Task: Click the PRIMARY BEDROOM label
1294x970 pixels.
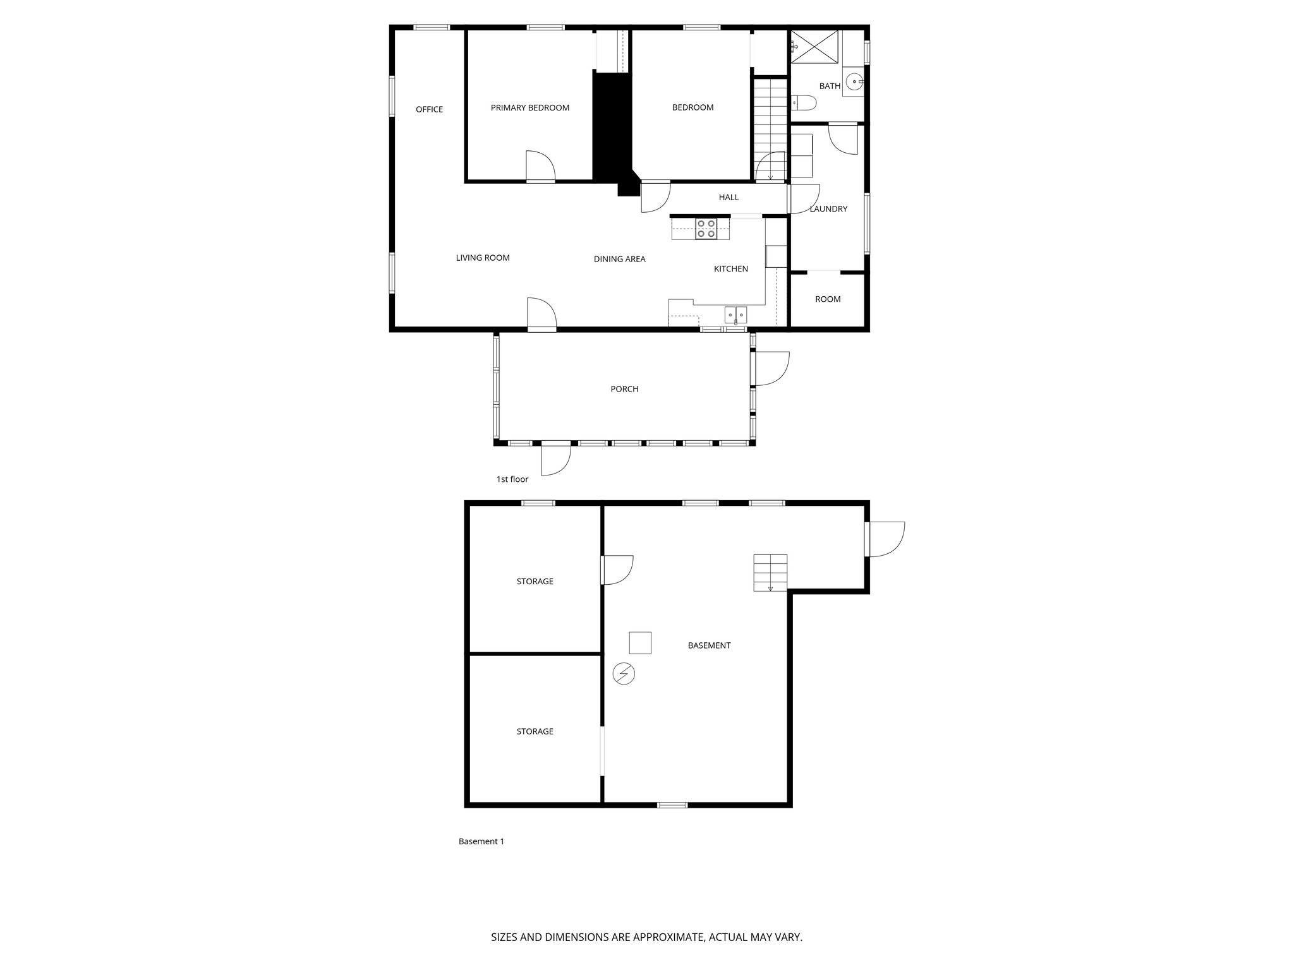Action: coord(529,108)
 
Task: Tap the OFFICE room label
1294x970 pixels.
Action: coord(429,109)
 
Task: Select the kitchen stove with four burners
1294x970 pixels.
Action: coord(706,229)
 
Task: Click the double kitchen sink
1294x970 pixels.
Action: coord(735,314)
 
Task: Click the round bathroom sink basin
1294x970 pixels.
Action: coord(855,81)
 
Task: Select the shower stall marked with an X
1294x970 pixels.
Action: coord(816,47)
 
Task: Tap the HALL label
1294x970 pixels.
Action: coord(729,197)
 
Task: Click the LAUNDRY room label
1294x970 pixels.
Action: coord(828,209)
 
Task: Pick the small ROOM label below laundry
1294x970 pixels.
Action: coord(828,299)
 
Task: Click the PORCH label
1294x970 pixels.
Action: coord(624,389)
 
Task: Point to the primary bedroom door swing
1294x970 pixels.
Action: coord(540,166)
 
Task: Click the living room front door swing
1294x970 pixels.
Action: coord(541,313)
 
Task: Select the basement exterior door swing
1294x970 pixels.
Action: coord(886,539)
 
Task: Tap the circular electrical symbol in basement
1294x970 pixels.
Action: coord(624,674)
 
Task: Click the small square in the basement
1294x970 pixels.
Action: coord(639,643)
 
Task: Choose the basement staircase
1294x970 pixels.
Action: coord(770,572)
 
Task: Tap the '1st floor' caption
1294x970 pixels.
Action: coord(512,479)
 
